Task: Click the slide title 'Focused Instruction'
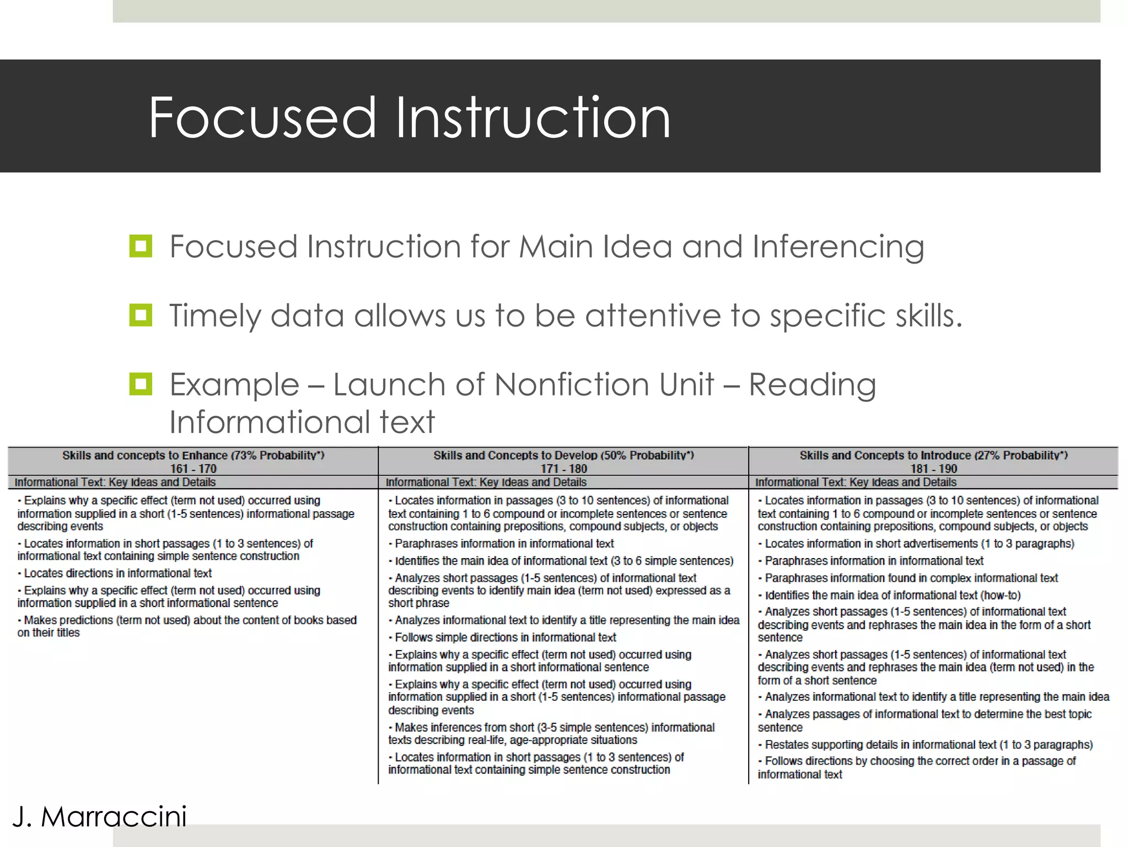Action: coord(409,117)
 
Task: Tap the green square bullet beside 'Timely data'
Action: coord(141,315)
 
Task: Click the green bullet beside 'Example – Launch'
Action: coord(141,384)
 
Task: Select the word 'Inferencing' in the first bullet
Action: coord(838,246)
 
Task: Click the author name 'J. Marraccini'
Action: coord(100,817)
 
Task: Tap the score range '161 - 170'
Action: coord(193,469)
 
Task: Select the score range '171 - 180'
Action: coord(563,469)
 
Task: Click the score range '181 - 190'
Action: coord(933,469)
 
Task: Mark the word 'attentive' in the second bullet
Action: coord(653,315)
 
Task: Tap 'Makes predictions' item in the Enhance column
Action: coord(187,626)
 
